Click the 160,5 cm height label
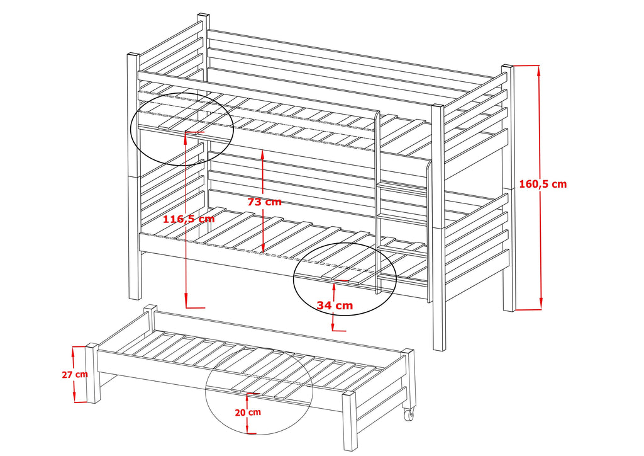click(543, 184)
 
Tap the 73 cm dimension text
click(264, 202)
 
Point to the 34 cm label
click(334, 305)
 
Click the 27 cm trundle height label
click(74, 374)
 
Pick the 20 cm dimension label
click(248, 412)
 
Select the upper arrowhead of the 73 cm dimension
click(262, 154)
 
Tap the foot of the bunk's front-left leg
click(134, 297)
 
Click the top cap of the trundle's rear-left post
click(150, 307)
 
